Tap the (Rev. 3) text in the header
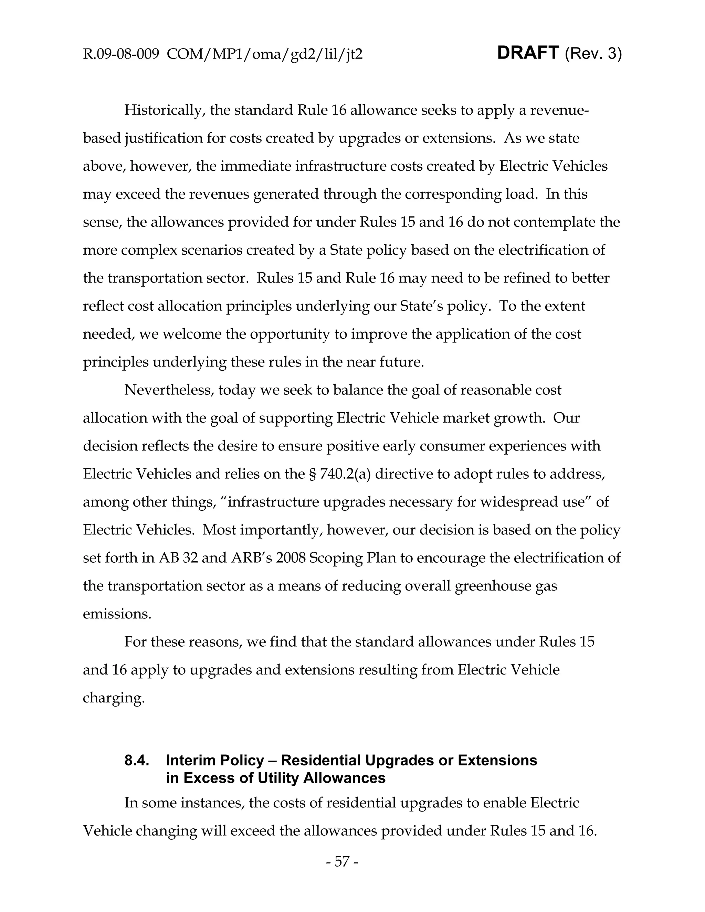pos(593,54)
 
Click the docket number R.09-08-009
pos(121,54)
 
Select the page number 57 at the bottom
pos(341,861)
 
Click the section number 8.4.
pos(137,761)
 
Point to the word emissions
pos(117,614)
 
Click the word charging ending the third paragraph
pos(114,698)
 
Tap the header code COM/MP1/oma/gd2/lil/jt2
pos(264,54)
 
